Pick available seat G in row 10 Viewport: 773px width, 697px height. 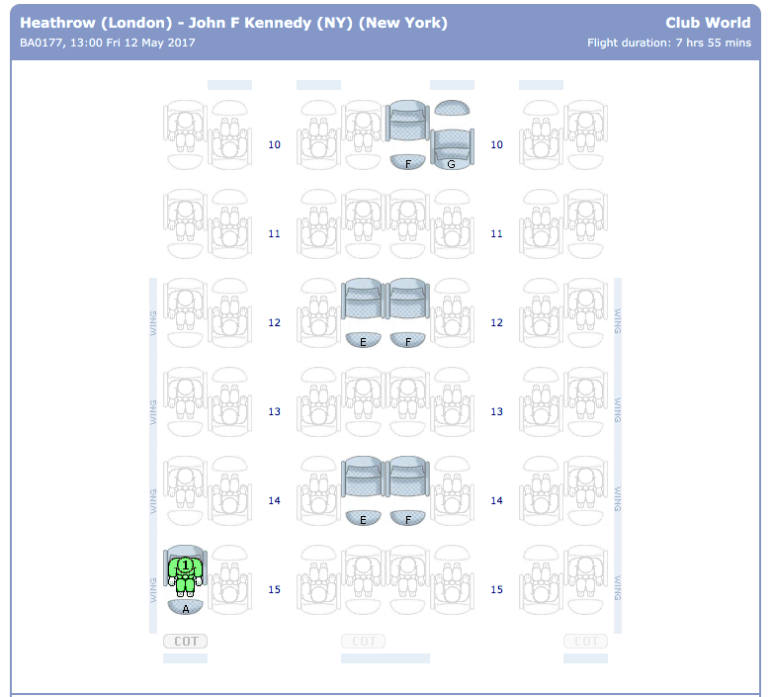click(x=452, y=146)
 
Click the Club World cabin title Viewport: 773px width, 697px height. click(x=707, y=23)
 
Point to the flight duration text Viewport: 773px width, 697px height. click(x=668, y=43)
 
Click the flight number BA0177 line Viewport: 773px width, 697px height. click(x=107, y=43)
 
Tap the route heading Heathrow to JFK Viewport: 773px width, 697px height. click(x=233, y=23)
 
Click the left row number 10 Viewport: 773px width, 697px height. click(x=274, y=145)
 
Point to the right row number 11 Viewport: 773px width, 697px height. click(x=496, y=234)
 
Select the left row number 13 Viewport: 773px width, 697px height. click(x=274, y=412)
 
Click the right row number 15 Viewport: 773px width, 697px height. click(x=496, y=590)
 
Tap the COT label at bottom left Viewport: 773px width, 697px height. click(x=185, y=642)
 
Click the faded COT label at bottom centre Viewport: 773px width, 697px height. click(x=363, y=642)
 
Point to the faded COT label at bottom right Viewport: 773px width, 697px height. click(x=585, y=642)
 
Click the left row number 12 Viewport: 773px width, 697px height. click(x=274, y=323)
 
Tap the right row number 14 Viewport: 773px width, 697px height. click(x=496, y=501)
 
